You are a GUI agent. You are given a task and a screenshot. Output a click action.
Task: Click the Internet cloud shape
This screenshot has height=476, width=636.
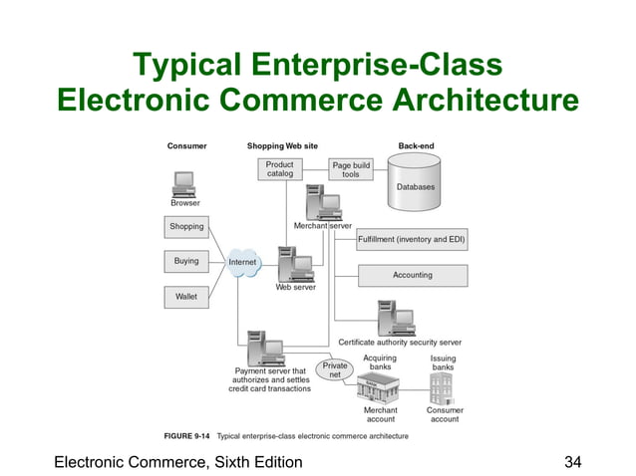coord(242,262)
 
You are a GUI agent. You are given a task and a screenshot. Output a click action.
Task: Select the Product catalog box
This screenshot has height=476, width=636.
coord(279,169)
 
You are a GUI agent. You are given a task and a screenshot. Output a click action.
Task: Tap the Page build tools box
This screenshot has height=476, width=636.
coord(351,169)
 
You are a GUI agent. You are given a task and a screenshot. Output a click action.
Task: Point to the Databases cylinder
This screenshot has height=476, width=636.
coord(415,184)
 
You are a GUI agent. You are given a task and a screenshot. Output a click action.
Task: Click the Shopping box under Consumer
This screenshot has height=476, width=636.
coord(186,227)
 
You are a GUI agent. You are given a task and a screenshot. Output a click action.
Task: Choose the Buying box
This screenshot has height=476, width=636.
coord(186,262)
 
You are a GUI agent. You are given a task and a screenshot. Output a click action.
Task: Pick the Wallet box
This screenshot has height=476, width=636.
coord(186,297)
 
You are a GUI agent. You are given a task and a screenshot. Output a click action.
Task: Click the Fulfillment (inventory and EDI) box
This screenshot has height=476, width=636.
coord(411,240)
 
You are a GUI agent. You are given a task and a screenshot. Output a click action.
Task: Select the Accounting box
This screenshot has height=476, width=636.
coord(411,275)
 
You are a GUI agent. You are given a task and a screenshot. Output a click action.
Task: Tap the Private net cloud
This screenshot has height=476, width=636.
coord(336,369)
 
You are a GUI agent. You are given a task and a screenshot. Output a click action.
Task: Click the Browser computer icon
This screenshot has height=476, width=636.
coord(184,183)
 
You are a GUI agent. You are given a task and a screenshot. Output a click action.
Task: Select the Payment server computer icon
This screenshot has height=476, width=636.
coord(267,349)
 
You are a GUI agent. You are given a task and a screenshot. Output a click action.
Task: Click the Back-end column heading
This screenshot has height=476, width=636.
coord(415,146)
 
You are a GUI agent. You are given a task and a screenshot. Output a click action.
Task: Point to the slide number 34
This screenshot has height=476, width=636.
coord(572,461)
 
